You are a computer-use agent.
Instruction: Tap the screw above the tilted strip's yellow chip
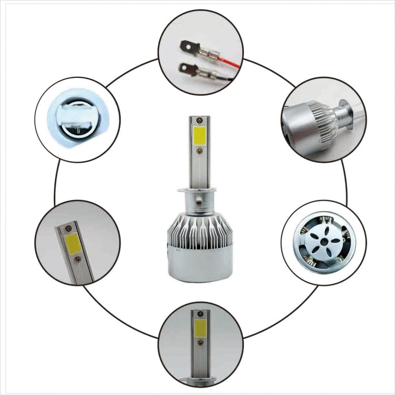click(x=68, y=229)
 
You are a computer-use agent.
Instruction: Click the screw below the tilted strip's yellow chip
click(x=78, y=259)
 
